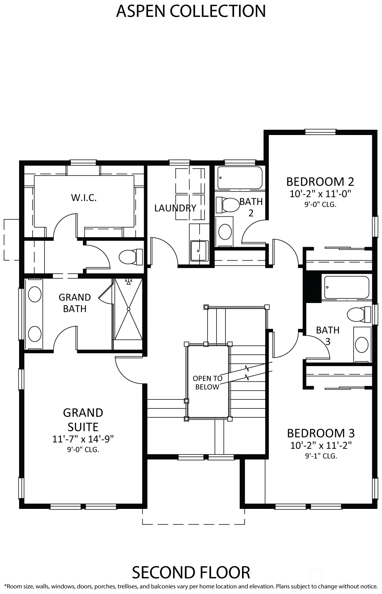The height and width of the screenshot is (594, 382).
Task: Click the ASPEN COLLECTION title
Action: coord(191,11)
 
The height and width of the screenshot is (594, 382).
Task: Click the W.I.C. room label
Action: coord(84,198)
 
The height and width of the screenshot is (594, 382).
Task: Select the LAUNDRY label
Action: coord(175,208)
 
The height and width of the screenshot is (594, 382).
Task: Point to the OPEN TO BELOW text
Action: coord(207,382)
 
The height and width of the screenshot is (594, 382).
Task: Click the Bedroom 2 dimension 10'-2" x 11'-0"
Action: coord(320,194)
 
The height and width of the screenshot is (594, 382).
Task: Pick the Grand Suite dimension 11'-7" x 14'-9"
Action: coord(83,439)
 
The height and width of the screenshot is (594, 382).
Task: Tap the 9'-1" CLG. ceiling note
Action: coord(321,456)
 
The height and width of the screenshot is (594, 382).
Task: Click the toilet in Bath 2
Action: coord(228,205)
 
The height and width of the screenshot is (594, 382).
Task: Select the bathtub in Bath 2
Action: coord(240,177)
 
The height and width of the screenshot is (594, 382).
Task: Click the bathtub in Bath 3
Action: coord(346,288)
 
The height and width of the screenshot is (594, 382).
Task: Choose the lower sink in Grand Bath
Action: coord(35,334)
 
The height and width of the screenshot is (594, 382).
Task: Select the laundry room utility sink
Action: coord(199,250)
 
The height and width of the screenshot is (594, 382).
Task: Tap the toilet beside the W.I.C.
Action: coord(131,257)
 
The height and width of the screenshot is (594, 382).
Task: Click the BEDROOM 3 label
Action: coord(321,433)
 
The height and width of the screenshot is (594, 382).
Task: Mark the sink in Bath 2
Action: coord(225,232)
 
